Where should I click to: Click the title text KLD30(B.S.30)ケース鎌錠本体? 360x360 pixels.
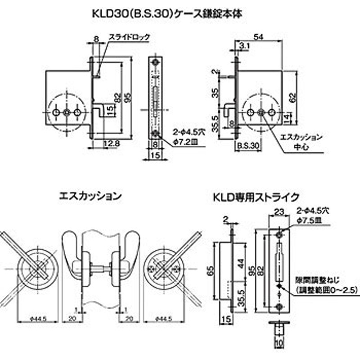pyautogui.click(x=180, y=13)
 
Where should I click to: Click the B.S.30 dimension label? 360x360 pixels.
pyautogui.click(x=248, y=146)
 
